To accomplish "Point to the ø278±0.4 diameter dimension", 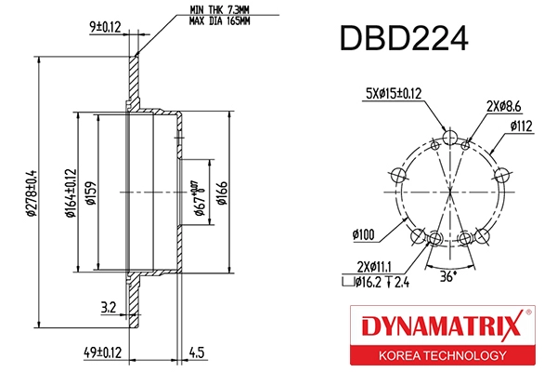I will [31, 193].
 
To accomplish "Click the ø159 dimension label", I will [91, 193].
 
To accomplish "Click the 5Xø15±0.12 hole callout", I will [395, 93].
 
